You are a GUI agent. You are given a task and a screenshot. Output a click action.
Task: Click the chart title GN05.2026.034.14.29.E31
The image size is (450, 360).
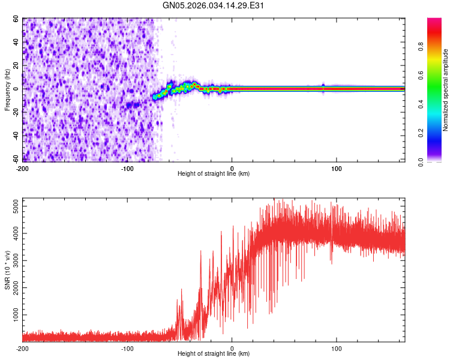coord(214,5)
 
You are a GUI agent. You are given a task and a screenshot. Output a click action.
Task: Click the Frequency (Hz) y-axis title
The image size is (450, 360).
coord(7,90)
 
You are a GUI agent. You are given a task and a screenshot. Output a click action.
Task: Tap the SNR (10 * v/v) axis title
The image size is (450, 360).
coord(7,271)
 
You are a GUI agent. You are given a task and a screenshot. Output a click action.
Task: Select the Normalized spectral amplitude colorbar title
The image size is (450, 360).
coord(446,90)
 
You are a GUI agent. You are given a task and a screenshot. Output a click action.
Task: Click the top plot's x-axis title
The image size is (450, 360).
coord(214,173)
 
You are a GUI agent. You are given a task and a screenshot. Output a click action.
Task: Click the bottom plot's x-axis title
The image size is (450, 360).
coord(214,353)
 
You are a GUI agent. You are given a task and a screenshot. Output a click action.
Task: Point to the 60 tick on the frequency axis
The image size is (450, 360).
coord(16,19)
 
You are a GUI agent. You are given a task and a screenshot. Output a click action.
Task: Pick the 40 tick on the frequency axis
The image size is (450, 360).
coord(16,43)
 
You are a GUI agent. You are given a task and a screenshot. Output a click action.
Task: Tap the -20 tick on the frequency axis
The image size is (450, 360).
coord(15,113)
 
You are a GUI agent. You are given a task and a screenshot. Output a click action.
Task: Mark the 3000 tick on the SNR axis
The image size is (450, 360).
coord(13,261)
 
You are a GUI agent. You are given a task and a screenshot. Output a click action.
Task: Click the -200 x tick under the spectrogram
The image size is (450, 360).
coord(22,168)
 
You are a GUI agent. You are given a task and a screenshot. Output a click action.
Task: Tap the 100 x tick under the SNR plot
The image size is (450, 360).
coord(337,348)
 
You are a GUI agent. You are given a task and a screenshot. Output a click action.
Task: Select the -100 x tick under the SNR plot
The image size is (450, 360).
coord(127,348)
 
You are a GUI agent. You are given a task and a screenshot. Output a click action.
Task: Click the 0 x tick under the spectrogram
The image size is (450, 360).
coord(232,168)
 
